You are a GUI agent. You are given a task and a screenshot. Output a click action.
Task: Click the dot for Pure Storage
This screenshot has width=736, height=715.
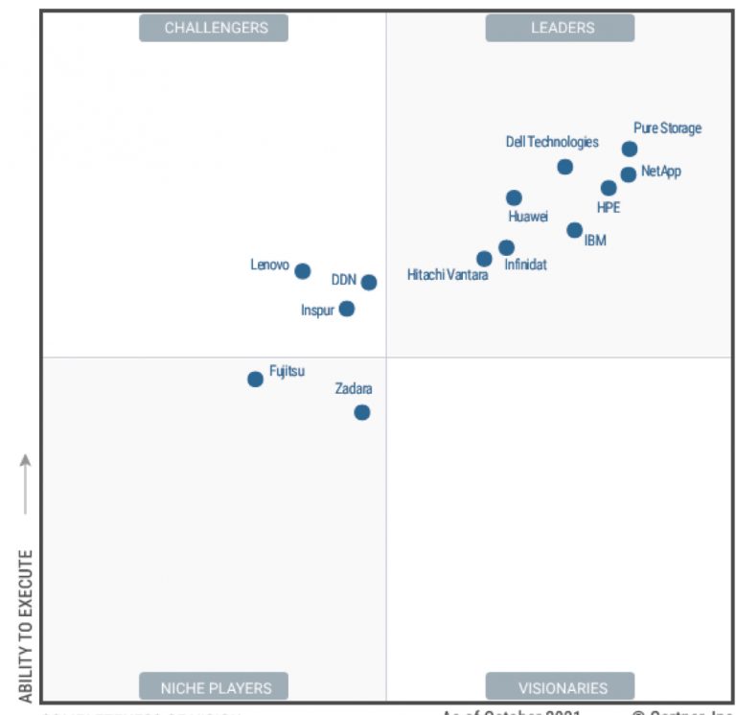(630, 149)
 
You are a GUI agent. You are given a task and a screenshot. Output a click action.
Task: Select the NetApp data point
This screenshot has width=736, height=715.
(628, 174)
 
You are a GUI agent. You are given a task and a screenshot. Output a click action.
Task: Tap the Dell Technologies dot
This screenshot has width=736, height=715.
(565, 167)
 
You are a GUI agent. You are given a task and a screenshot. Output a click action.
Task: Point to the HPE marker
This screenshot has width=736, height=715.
(609, 188)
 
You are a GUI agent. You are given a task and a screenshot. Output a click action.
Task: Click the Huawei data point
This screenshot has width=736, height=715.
(514, 198)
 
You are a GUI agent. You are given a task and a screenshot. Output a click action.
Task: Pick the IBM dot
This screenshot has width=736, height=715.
(574, 230)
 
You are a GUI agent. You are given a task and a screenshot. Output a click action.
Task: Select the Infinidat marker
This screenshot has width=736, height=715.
(506, 247)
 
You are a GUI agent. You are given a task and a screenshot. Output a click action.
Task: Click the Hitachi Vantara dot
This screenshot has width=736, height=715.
(484, 259)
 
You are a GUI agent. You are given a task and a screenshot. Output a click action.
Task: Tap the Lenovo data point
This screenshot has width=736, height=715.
(302, 271)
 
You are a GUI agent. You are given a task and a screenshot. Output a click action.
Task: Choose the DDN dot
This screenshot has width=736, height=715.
(369, 282)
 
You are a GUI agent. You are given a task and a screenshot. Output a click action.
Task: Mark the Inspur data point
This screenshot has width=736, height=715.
(347, 309)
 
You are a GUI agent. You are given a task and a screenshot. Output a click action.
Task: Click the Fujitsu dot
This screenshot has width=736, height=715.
(255, 379)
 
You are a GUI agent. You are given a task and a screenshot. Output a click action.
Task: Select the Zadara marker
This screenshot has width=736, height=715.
(361, 412)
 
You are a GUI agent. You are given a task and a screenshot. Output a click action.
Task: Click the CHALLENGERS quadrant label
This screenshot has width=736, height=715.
(214, 28)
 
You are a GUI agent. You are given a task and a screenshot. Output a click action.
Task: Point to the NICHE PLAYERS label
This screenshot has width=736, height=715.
(214, 687)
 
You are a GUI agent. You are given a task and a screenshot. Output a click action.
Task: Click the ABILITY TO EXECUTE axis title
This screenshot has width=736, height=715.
(26, 625)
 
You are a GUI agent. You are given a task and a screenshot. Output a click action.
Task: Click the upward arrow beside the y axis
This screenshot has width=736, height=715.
(26, 484)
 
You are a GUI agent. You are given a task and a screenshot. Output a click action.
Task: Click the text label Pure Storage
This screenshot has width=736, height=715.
(667, 128)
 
